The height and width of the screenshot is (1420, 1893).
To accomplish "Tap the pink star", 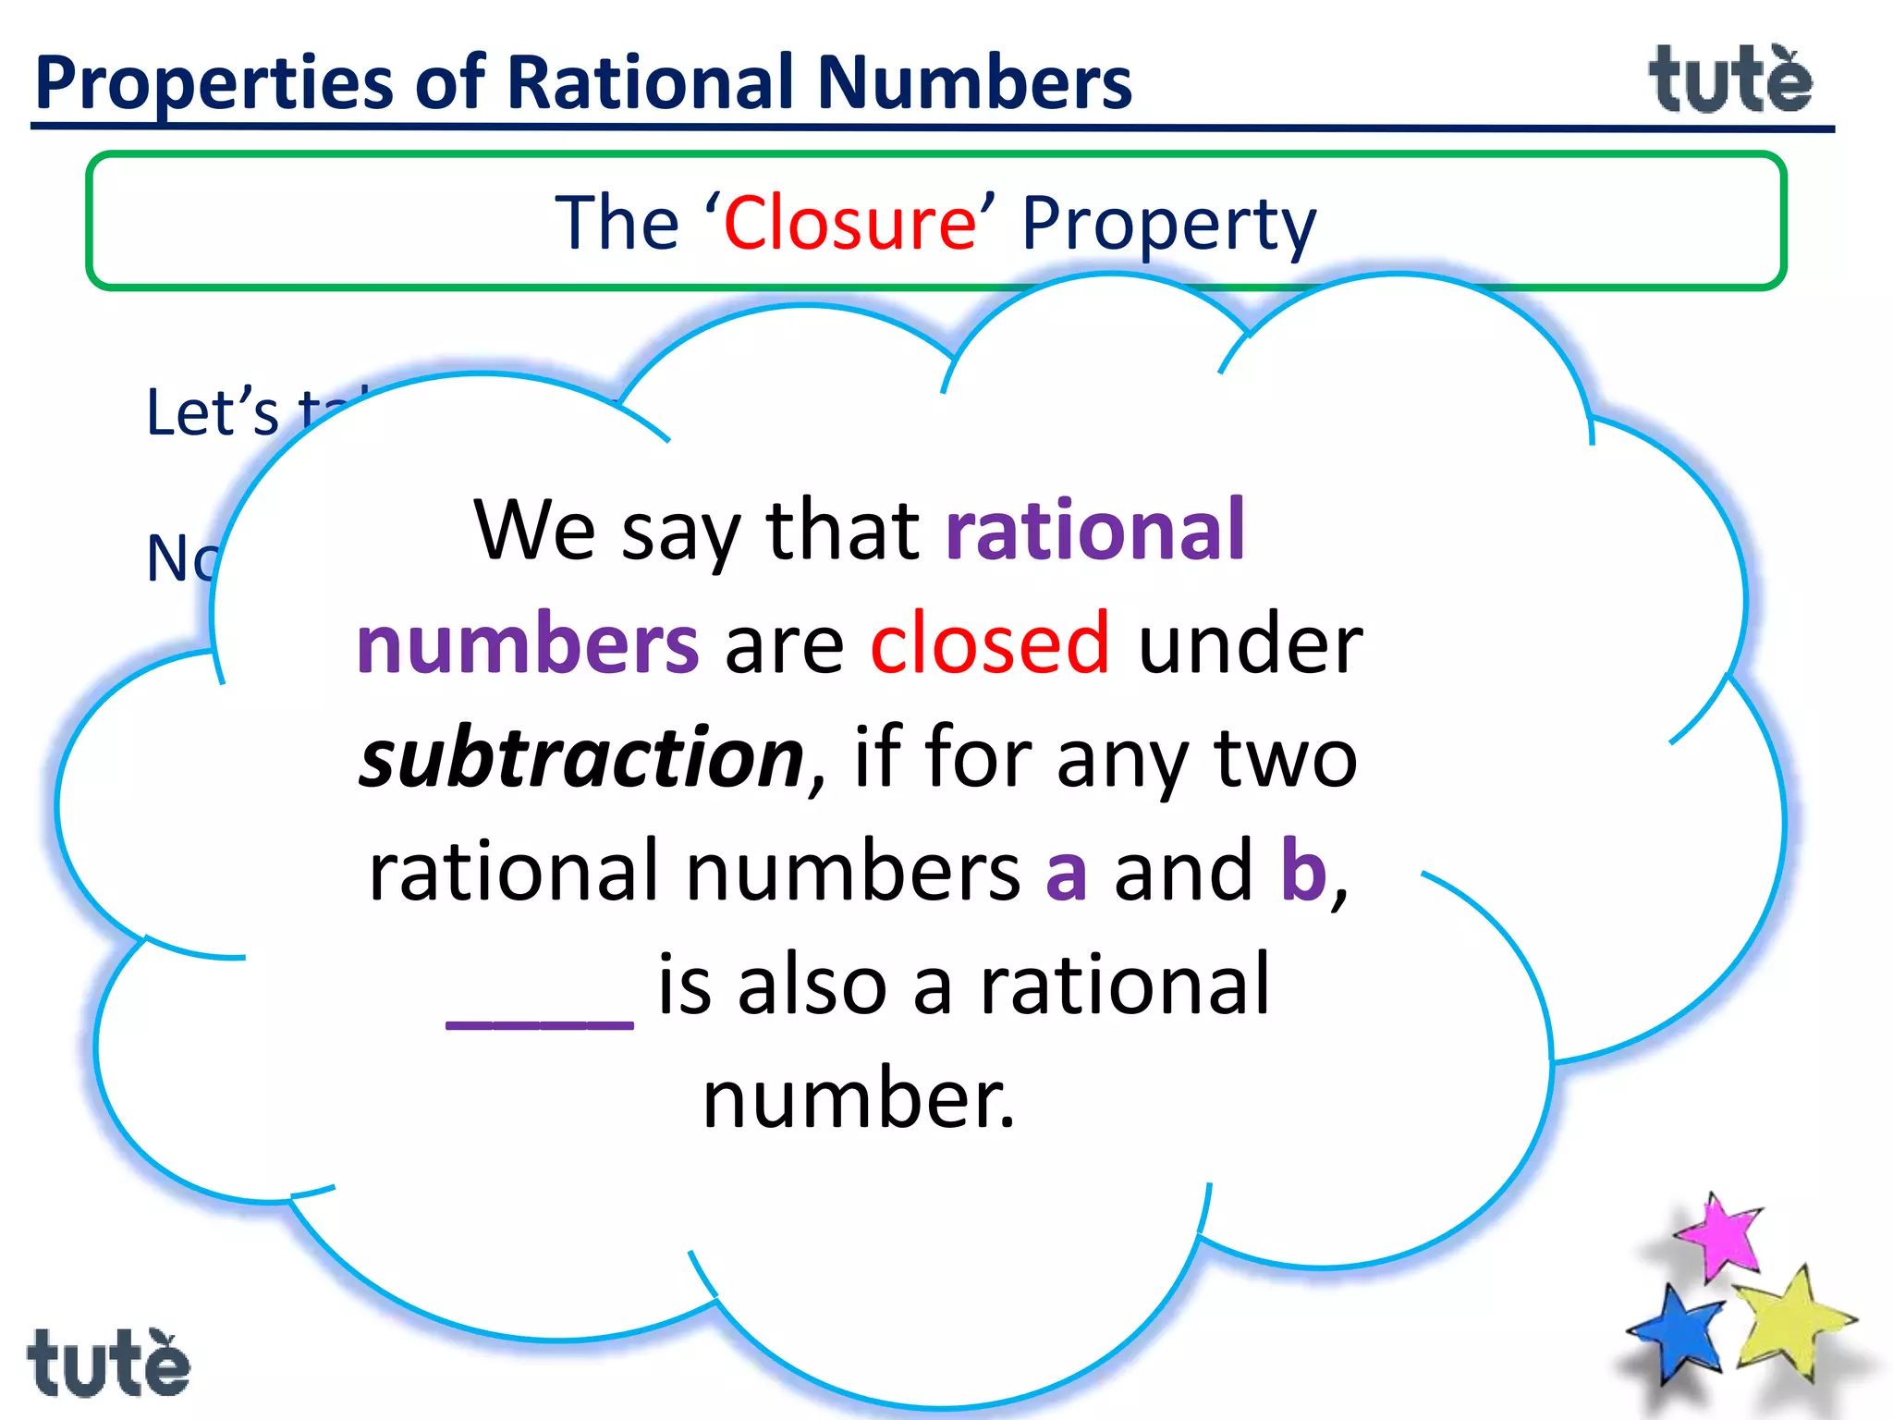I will click(1720, 1236).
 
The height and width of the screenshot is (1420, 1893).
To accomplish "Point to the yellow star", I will click(1790, 1322).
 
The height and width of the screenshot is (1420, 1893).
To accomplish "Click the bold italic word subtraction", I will click(582, 758).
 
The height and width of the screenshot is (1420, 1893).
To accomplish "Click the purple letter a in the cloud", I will click(1066, 874).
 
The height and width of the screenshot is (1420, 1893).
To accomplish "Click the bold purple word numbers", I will click(528, 644).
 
